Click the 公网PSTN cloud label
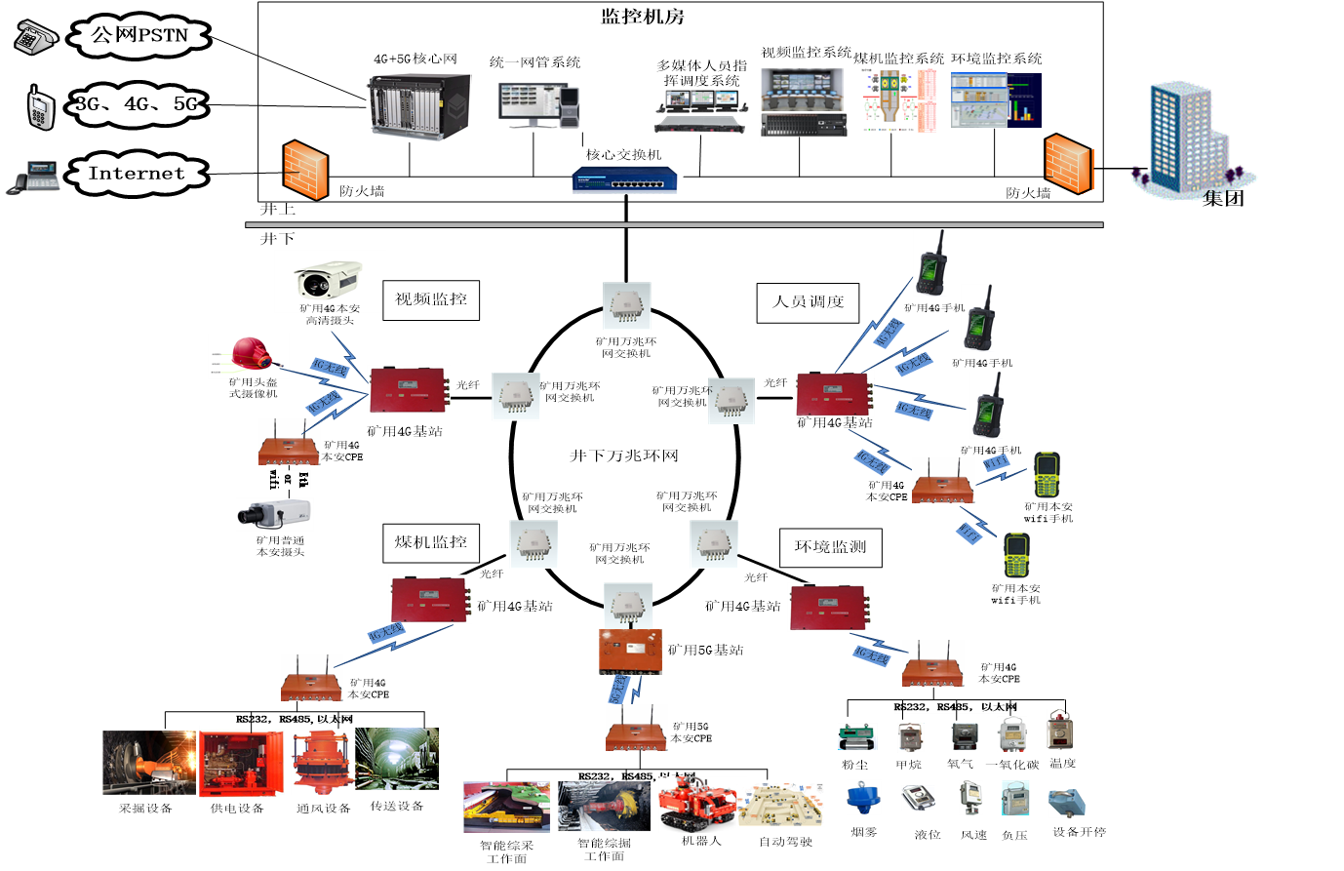click(139, 36)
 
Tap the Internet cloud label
click(137, 174)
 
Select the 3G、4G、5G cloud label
click(137, 104)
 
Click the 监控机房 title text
click(643, 17)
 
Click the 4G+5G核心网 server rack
click(418, 105)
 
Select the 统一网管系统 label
click(534, 62)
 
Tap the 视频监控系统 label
click(806, 53)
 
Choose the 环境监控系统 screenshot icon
click(996, 100)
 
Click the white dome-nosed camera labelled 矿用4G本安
click(329, 278)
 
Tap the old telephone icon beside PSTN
click(35, 37)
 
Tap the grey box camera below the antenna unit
click(274, 514)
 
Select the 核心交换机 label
click(623, 154)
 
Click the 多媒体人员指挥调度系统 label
click(701, 73)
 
